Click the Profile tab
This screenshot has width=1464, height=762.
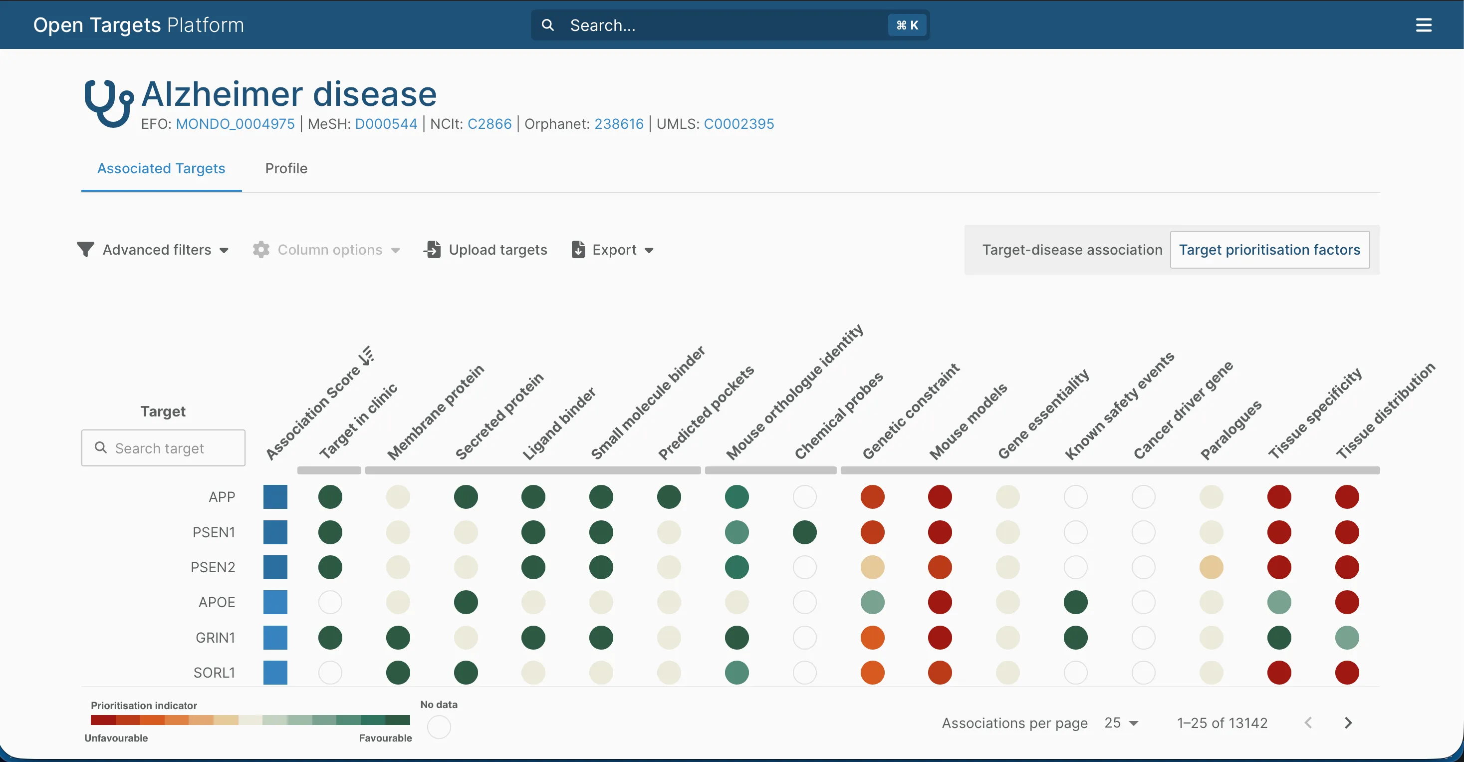[286, 168]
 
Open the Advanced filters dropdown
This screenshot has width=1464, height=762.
[153, 250]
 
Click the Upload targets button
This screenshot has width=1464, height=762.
[486, 250]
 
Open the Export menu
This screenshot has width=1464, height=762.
[613, 250]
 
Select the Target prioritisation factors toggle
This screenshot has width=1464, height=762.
[1269, 250]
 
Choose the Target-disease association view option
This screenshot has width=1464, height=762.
[1072, 250]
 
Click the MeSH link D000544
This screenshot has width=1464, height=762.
[386, 124]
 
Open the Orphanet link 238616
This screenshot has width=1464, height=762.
[619, 124]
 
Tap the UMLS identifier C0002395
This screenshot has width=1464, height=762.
[739, 124]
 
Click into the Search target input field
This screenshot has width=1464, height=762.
[164, 448]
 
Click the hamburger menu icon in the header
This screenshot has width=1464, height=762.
[1424, 25]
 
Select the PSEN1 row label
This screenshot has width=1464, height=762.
[214, 532]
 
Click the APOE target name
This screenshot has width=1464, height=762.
[217, 602]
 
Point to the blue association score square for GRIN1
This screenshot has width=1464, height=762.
[275, 638]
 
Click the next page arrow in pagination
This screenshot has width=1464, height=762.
[1348, 723]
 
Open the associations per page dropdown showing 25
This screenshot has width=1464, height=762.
[1121, 723]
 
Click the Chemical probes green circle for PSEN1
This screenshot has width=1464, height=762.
[804, 532]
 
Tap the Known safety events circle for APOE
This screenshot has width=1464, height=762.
[1075, 602]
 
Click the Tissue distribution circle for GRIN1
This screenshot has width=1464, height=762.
[1347, 638]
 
